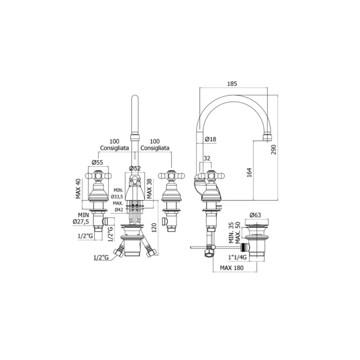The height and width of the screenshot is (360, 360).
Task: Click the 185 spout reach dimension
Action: (x=232, y=84)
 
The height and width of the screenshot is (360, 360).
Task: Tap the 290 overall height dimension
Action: (x=274, y=149)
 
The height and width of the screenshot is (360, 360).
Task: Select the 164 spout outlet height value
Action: (x=249, y=172)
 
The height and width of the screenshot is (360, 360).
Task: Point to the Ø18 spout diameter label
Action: (x=211, y=139)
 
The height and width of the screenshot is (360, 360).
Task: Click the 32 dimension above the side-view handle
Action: (x=207, y=158)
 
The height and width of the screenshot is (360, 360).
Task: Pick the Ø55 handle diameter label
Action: (x=98, y=162)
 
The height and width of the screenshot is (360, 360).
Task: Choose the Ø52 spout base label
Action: (x=135, y=168)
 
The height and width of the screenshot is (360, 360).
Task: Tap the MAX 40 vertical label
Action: (x=78, y=189)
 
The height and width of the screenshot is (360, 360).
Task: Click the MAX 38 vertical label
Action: (x=149, y=189)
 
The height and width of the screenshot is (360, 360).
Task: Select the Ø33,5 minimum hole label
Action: (x=117, y=197)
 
